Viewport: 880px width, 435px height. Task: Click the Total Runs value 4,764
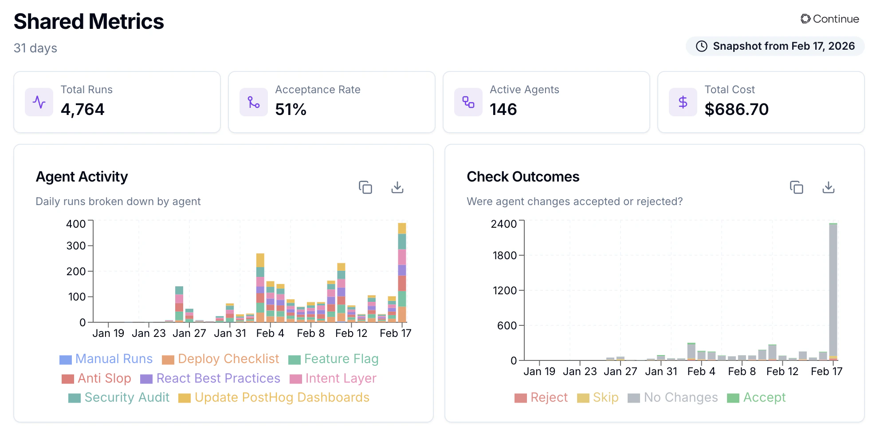pyautogui.click(x=82, y=109)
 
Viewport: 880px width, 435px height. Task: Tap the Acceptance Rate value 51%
pyautogui.click(x=291, y=109)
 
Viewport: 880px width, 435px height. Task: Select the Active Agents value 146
pyautogui.click(x=503, y=109)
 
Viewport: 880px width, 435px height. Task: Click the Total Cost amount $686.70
pyautogui.click(x=736, y=109)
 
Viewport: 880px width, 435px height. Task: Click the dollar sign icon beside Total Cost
pyautogui.click(x=683, y=102)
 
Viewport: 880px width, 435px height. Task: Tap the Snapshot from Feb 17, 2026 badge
pyautogui.click(x=775, y=46)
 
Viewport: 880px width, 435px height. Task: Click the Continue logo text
pyautogui.click(x=830, y=19)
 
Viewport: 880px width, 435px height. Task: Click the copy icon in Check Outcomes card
pyautogui.click(x=796, y=187)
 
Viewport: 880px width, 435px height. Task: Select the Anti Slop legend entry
pyautogui.click(x=97, y=378)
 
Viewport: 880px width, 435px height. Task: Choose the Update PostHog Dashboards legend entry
pyautogui.click(x=274, y=397)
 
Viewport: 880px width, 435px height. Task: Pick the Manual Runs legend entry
pyautogui.click(x=106, y=359)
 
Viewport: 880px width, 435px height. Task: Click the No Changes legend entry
pyautogui.click(x=673, y=397)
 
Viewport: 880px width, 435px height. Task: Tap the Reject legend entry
pyautogui.click(x=541, y=397)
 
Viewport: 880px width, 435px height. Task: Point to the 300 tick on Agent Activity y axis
pyautogui.click(x=76, y=245)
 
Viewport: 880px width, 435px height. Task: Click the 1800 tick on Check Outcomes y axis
pyautogui.click(x=504, y=255)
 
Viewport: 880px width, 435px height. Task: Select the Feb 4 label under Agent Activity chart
pyautogui.click(x=270, y=333)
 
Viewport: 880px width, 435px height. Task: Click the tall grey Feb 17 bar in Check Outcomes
pyautogui.click(x=833, y=289)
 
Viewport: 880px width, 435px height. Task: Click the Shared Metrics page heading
pyautogui.click(x=89, y=21)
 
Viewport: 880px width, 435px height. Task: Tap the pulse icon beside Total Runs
pyautogui.click(x=39, y=102)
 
